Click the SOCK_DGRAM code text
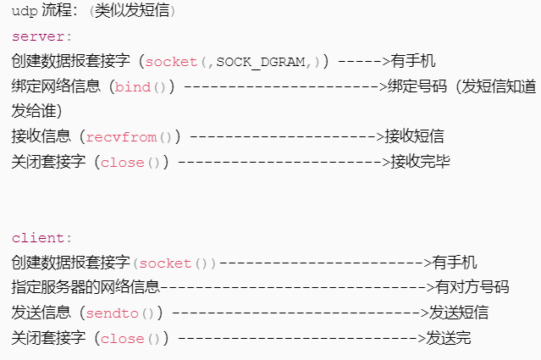click(x=261, y=62)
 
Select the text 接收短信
click(x=414, y=136)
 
